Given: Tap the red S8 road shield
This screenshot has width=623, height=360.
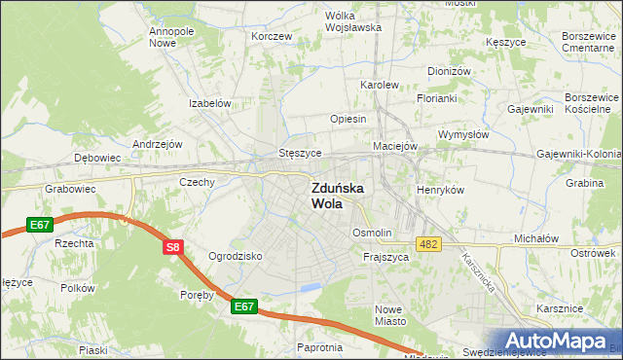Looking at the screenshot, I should tap(172, 248).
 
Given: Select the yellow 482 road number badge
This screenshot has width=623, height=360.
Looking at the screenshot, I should tap(429, 243).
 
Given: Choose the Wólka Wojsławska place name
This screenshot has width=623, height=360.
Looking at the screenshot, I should tap(352, 21).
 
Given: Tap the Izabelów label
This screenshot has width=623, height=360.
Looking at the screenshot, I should tap(209, 103).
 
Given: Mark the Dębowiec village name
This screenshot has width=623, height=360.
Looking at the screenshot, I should tap(97, 157).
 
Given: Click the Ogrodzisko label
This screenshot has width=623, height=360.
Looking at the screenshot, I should tap(236, 256).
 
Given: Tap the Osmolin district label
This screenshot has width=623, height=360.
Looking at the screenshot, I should tap(372, 234).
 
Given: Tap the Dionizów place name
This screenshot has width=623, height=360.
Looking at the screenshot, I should tap(449, 71).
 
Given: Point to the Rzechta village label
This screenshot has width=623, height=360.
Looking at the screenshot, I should tap(73, 243).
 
